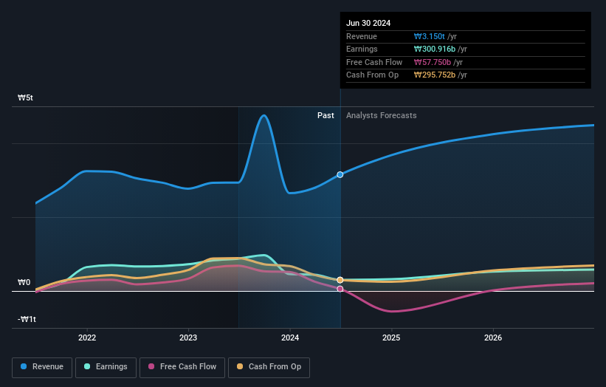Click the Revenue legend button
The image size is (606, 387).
pyautogui.click(x=43, y=366)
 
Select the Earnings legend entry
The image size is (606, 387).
pyautogui.click(x=106, y=366)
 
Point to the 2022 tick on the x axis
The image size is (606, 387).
pyautogui.click(x=87, y=338)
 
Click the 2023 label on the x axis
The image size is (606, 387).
pyautogui.click(x=188, y=338)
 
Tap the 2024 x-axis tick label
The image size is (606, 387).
pyautogui.click(x=290, y=338)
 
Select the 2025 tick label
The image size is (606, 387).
pyautogui.click(x=391, y=338)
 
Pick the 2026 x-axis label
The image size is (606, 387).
pyautogui.click(x=493, y=338)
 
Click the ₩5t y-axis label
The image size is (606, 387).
pyautogui.click(x=26, y=97)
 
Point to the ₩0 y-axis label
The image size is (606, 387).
pyautogui.click(x=24, y=282)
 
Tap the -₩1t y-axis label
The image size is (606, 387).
pyautogui.click(x=27, y=319)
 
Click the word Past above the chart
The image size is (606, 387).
pyautogui.click(x=326, y=115)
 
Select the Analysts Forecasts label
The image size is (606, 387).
pyautogui.click(x=381, y=115)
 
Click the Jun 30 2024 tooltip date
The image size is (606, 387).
pyautogui.click(x=369, y=23)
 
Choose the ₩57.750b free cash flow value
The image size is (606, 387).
pyautogui.click(x=432, y=62)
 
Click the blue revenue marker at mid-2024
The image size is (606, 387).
pyautogui.click(x=340, y=174)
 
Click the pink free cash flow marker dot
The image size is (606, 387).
pyautogui.click(x=340, y=289)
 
